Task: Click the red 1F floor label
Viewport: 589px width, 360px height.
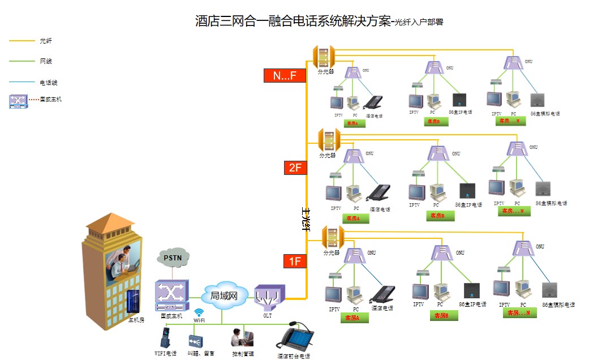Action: point(295,262)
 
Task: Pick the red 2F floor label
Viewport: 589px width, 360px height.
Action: point(295,168)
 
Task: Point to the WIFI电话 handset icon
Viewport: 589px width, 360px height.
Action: point(165,338)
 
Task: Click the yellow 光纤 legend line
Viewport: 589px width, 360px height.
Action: point(22,41)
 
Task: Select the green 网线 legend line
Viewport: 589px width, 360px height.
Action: point(22,61)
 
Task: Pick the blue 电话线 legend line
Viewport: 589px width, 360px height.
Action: point(22,83)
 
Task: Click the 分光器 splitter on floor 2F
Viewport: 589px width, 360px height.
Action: point(328,140)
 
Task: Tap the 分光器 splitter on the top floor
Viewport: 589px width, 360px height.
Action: point(324,57)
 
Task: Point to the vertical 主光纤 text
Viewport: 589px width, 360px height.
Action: point(307,218)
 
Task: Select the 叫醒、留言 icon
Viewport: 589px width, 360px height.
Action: point(195,341)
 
